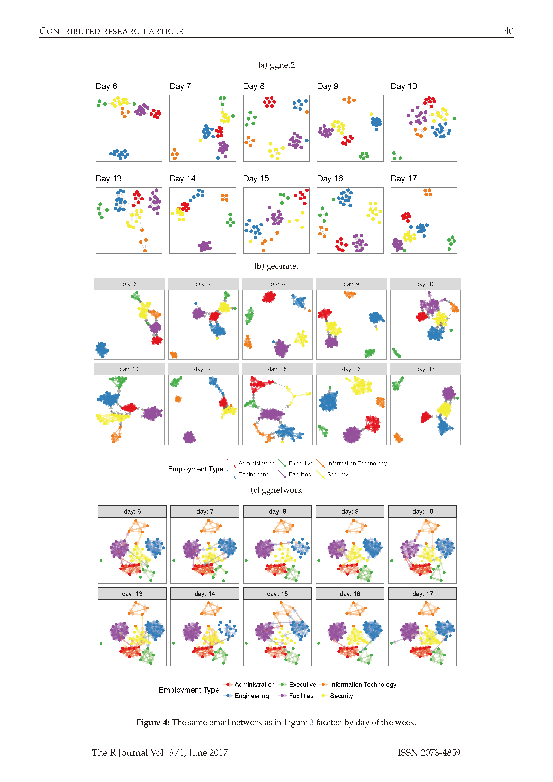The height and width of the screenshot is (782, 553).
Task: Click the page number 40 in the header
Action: [509, 31]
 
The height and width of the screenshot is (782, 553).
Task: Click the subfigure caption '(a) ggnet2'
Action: [276, 65]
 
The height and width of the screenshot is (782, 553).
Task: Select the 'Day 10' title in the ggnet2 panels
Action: [404, 86]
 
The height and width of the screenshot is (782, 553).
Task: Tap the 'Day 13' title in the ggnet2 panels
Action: [108, 179]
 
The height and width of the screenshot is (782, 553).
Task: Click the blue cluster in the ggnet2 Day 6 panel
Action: [119, 154]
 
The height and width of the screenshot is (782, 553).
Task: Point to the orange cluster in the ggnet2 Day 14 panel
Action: [224, 197]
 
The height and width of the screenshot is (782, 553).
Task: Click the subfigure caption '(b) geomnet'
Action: [276, 266]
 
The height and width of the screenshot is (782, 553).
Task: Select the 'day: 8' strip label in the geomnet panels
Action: [277, 284]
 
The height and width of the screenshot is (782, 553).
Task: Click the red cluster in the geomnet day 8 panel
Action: [269, 297]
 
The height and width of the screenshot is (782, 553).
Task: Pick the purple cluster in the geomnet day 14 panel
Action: [189, 437]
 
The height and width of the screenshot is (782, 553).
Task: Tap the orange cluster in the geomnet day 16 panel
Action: [380, 402]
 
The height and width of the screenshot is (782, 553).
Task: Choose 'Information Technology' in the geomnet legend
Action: [357, 463]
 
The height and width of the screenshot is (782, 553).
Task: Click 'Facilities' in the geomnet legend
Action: [299, 474]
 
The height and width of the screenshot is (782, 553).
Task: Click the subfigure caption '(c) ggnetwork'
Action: [276, 490]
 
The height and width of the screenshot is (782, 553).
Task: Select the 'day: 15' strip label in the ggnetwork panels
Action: [277, 594]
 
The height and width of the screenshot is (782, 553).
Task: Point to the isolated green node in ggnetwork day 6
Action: [101, 561]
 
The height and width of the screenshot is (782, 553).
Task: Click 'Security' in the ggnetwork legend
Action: [341, 696]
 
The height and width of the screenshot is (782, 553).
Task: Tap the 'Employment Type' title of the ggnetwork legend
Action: [189, 690]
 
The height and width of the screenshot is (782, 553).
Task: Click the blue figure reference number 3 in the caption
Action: [311, 722]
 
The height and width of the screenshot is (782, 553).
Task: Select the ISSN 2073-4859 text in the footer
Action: [429, 752]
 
